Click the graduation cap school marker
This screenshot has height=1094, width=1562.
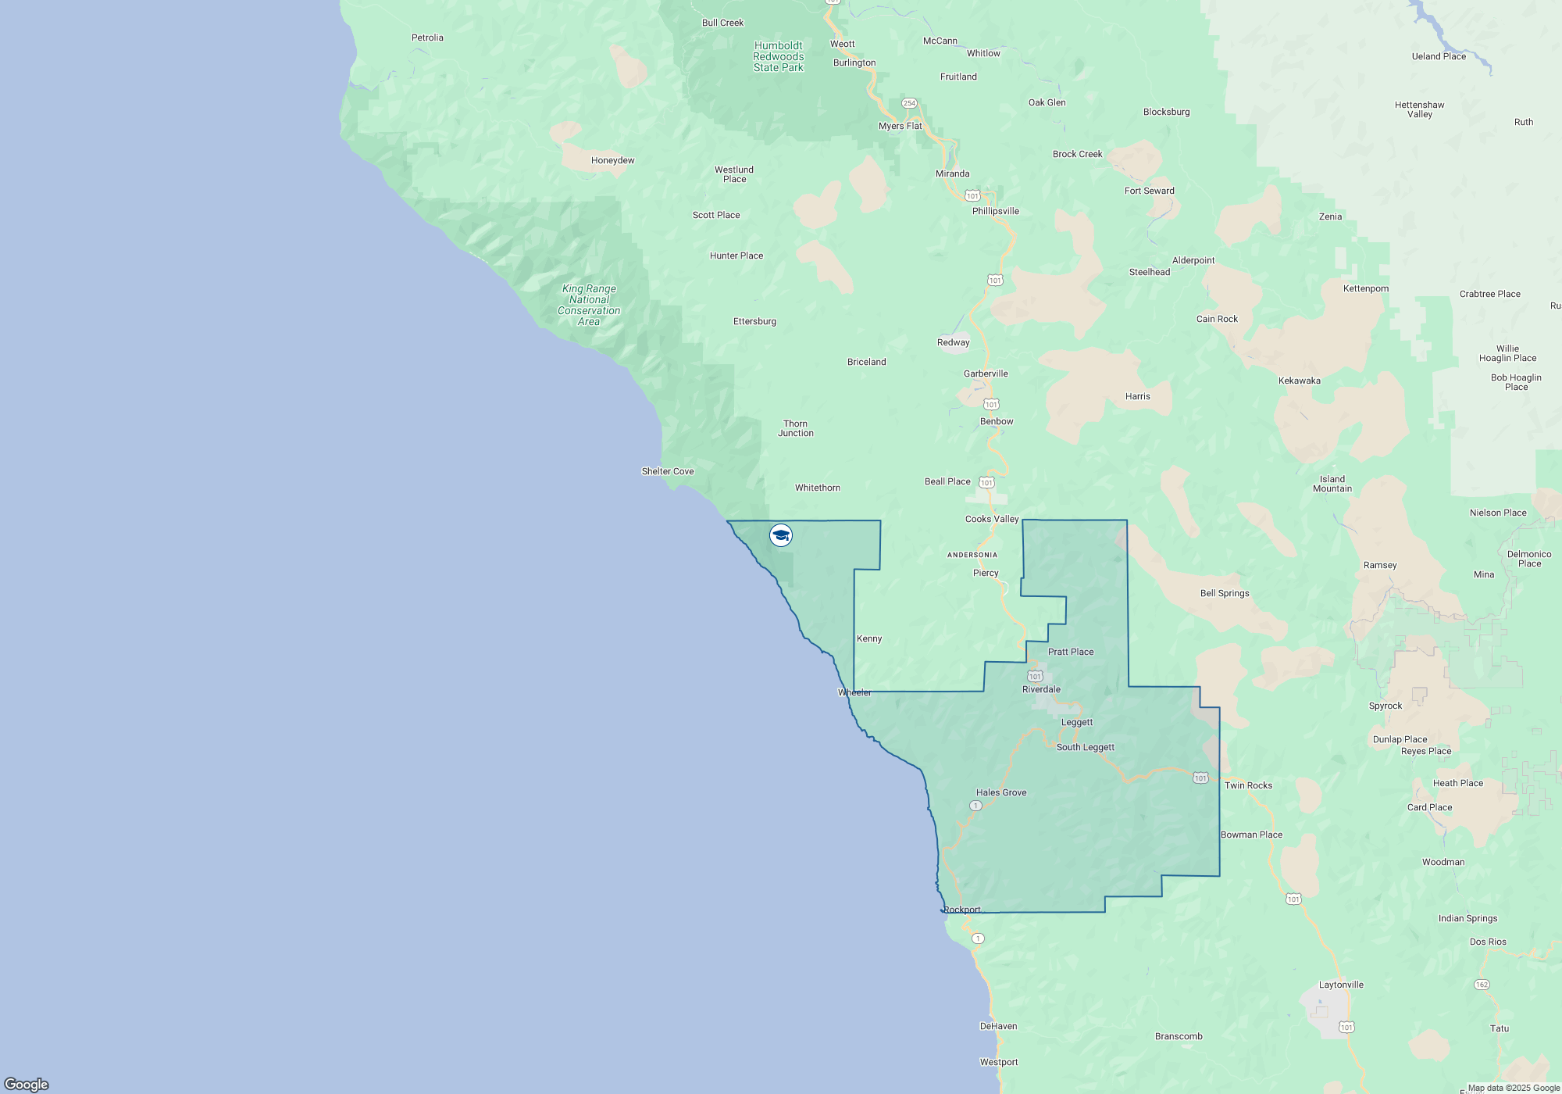781,535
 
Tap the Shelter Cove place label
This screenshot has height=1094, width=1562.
668,471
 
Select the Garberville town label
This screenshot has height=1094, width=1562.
986,374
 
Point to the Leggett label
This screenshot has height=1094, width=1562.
1077,722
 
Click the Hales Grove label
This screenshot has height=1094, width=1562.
1001,792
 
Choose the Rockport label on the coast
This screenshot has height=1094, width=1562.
962,910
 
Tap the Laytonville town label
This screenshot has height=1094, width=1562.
1341,985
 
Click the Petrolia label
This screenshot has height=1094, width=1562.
427,38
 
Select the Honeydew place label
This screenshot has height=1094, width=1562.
612,160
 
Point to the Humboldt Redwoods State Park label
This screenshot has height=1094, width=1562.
779,56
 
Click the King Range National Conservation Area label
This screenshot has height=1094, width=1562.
589,305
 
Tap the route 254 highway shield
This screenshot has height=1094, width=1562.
909,103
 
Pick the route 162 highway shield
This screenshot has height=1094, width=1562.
1482,985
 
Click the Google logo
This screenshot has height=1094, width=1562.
27,1084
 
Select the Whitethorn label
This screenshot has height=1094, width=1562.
818,488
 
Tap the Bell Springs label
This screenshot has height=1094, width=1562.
1225,593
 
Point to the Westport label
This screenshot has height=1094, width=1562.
999,1062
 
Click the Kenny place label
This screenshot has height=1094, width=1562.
869,638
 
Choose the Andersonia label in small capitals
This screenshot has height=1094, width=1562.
972,555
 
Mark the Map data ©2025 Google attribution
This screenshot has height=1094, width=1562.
1514,1088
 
